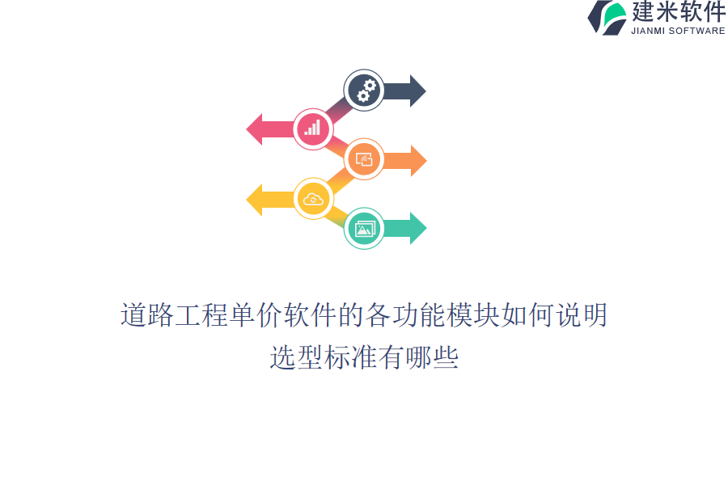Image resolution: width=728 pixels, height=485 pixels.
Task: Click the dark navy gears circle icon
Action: point(364,90)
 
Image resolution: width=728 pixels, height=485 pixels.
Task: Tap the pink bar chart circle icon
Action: point(313,129)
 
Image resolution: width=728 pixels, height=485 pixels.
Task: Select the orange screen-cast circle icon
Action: point(364,159)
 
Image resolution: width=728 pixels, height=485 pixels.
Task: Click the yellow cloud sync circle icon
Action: point(313,199)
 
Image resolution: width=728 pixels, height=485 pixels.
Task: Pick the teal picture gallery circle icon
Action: point(364,228)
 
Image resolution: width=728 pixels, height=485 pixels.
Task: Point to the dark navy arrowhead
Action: point(418,91)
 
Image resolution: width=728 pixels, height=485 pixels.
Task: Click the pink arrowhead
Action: point(254,129)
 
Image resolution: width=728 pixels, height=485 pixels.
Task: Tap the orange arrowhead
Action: point(418,161)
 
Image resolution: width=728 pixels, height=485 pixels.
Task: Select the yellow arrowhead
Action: point(254,200)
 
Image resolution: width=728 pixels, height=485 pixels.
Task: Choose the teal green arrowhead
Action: point(418,228)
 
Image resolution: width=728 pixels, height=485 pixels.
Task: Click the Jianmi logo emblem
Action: point(607,18)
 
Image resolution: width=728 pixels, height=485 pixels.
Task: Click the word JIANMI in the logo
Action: point(648,31)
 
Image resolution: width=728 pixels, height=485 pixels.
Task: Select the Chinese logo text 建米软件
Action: point(679,11)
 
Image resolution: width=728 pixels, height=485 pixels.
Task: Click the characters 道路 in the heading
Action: point(147,314)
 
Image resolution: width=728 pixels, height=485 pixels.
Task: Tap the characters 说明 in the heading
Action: point(582,314)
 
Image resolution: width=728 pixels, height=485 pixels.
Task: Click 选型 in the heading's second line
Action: point(296,357)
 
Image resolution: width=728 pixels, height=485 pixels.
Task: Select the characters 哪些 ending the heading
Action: point(432,357)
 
